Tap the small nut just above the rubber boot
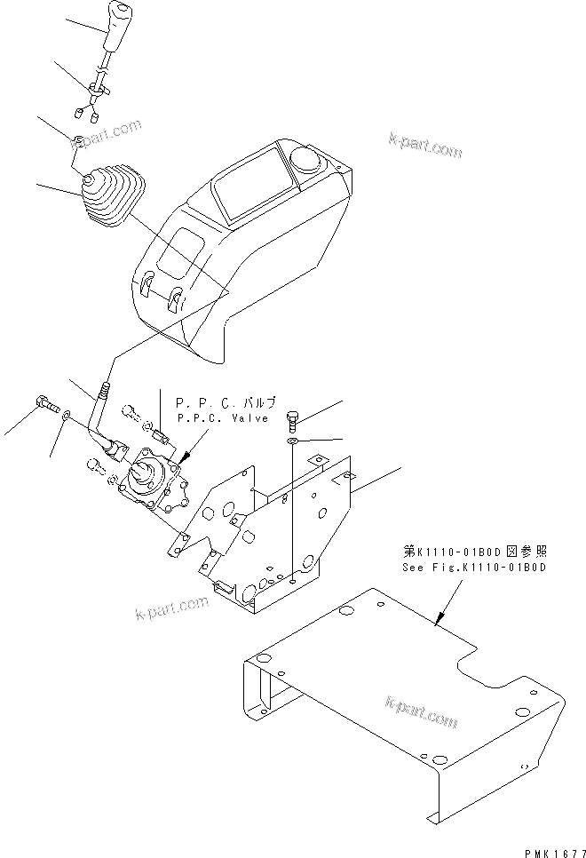(x=78, y=140)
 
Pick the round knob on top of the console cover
(x=305, y=161)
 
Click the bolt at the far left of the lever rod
(x=43, y=403)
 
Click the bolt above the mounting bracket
(x=294, y=418)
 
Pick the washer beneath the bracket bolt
(x=293, y=441)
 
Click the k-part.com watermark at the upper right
(x=425, y=145)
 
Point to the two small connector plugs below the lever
(x=84, y=113)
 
